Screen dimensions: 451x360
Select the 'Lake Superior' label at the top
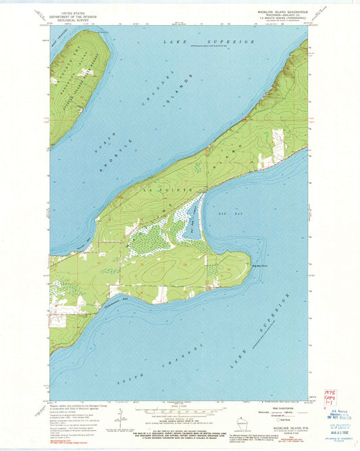click(x=209, y=41)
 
